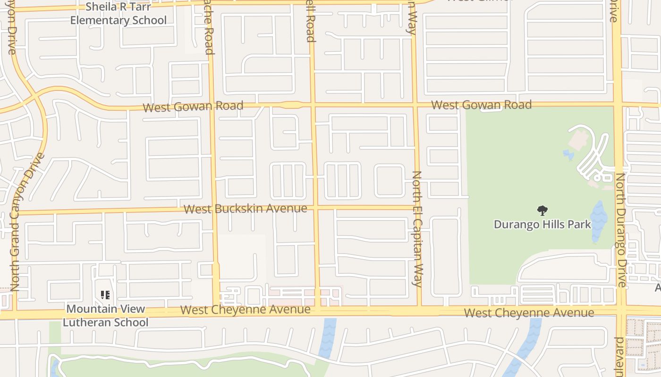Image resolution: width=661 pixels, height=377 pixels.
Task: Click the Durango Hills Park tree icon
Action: [542, 210]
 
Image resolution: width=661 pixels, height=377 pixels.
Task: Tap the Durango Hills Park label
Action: [542, 224]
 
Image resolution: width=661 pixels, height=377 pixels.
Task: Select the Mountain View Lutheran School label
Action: [105, 316]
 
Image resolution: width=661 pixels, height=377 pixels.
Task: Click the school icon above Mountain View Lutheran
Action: [105, 295]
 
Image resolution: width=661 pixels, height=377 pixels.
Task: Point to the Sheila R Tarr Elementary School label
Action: [118, 14]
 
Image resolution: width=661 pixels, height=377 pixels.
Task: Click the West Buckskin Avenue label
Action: [245, 208]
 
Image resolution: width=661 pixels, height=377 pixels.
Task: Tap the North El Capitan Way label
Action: [416, 229]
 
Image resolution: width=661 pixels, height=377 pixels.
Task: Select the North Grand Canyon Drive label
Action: [27, 221]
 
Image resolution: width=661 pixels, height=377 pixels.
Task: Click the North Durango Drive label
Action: [621, 229]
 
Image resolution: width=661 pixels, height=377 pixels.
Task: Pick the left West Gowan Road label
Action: [193, 107]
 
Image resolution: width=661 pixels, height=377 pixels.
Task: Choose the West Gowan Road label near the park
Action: [481, 105]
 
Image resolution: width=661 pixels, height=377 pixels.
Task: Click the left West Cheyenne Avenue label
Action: [245, 310]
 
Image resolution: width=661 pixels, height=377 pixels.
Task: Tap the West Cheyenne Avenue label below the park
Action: [529, 312]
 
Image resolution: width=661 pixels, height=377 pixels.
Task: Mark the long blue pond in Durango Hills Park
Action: [599, 221]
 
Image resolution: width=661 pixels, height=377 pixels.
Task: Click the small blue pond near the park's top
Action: [568, 155]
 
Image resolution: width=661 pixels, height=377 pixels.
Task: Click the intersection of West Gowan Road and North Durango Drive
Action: [618, 104]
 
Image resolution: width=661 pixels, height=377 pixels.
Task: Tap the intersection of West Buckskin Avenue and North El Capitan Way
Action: [417, 207]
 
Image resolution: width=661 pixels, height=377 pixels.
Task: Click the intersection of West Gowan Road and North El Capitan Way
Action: [415, 105]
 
